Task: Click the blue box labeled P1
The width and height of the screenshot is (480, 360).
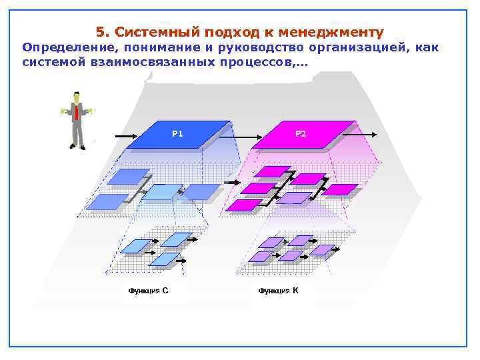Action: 177,135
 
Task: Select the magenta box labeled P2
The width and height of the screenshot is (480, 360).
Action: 301,135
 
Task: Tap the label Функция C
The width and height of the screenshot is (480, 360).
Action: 148,291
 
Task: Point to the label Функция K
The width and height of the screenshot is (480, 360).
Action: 278,291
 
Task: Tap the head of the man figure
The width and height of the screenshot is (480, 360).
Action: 77,95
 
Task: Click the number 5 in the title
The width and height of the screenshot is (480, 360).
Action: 100,32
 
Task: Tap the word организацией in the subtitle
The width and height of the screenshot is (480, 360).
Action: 360,47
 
